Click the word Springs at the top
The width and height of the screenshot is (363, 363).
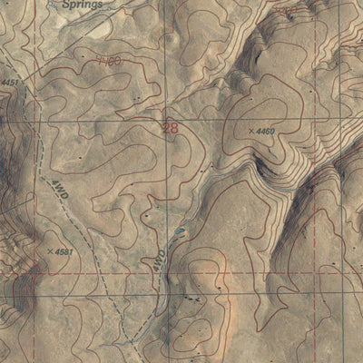(83, 4)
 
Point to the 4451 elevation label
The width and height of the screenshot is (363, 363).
(10, 83)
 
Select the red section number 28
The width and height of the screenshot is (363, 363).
(169, 129)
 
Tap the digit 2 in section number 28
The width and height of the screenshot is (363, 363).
(164, 129)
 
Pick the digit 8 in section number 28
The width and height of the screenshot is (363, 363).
(173, 129)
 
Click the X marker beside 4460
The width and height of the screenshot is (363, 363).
(250, 132)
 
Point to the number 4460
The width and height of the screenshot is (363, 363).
(267, 132)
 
